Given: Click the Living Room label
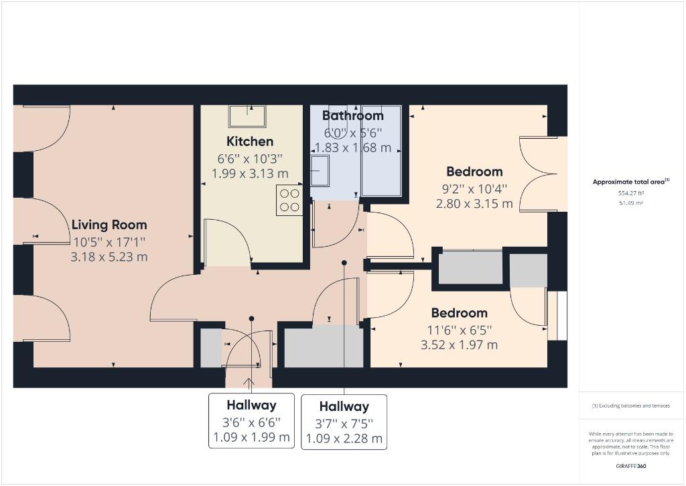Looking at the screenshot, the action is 109,225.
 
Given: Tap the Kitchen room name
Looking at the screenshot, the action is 250,141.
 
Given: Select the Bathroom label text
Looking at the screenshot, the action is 352,115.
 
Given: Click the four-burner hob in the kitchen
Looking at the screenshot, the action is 289,200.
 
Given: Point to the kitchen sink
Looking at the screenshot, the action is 247,115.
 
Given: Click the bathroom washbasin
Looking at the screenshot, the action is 320,171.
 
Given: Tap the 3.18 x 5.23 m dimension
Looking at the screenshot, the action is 109,257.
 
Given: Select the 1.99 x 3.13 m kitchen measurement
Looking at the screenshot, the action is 250,174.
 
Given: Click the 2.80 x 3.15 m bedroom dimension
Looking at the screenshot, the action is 474,204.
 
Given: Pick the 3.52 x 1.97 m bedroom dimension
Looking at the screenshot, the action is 459,345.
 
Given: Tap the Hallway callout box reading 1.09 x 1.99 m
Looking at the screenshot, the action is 252,421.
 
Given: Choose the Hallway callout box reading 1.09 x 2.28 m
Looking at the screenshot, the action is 344,422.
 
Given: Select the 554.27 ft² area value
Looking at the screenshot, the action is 631,192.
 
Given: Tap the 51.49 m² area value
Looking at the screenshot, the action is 631,203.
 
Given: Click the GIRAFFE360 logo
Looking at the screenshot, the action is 631,466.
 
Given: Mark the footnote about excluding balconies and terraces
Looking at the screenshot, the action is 631,406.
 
